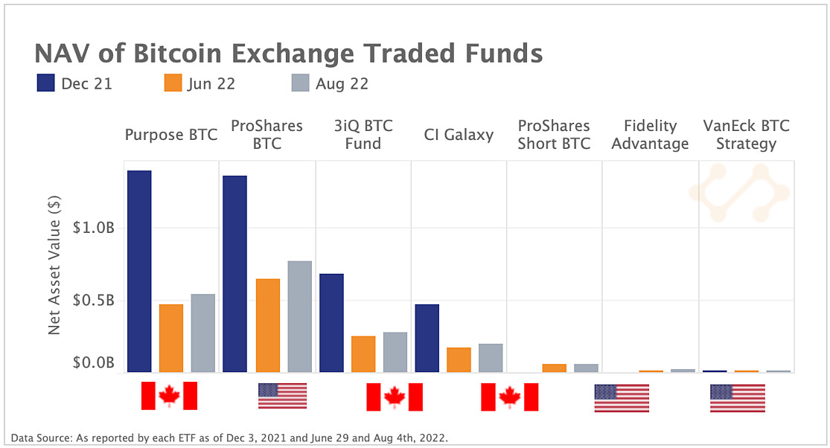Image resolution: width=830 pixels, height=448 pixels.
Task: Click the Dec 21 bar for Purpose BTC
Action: click(139, 271)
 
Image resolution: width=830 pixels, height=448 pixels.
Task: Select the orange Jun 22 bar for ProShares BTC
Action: click(267, 325)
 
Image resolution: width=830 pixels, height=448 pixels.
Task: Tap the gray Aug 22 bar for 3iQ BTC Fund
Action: click(395, 352)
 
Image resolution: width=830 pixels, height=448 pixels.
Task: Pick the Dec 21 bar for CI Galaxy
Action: click(427, 338)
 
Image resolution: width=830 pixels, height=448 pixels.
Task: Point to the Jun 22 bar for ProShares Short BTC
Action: click(554, 368)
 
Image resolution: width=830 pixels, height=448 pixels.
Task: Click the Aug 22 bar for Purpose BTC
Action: click(203, 333)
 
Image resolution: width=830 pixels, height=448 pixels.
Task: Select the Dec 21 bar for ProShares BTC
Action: click(234, 274)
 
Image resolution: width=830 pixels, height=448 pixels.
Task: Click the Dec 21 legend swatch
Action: click(46, 83)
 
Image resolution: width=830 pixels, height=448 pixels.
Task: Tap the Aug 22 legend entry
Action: click(328, 83)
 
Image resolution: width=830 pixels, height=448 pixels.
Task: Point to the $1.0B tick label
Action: click(94, 228)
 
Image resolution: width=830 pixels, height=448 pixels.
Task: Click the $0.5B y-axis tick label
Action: click(94, 301)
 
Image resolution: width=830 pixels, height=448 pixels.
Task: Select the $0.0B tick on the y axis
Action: click(94, 364)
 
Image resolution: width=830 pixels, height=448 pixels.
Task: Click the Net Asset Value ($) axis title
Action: click(54, 265)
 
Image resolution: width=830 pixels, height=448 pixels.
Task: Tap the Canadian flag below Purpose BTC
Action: click(170, 396)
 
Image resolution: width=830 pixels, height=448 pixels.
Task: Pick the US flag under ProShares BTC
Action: click(282, 396)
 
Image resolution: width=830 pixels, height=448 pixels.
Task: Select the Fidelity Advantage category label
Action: click(650, 135)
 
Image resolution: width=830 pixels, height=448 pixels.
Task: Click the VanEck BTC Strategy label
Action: click(746, 135)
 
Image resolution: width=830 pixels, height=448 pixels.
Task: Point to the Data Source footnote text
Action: click(229, 438)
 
